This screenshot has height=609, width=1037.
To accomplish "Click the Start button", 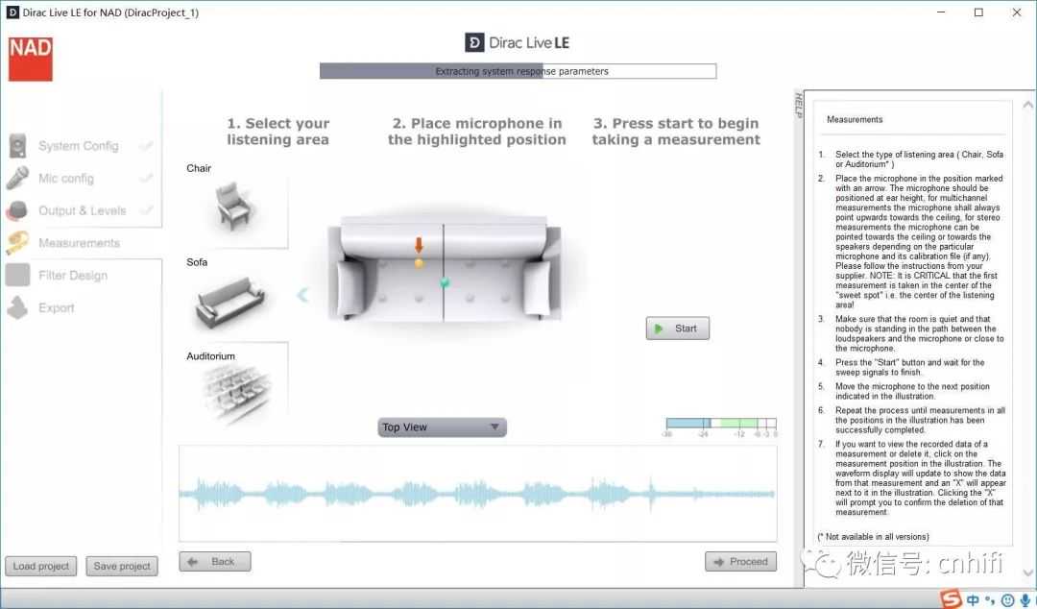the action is [677, 329].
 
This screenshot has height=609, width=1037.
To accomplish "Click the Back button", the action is [215, 561].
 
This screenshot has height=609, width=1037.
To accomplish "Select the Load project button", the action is [41, 566].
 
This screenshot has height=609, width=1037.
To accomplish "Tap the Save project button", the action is [122, 566].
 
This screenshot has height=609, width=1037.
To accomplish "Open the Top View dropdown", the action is [442, 427].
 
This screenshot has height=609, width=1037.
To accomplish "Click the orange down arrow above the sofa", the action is [419, 245].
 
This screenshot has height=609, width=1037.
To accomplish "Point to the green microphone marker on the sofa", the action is [445, 282].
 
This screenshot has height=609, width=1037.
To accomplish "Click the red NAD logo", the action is [31, 59].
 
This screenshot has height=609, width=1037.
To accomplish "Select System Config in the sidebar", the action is [78, 146].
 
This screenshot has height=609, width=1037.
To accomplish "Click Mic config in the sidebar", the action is [66, 178].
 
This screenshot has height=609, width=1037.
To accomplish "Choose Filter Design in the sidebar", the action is [73, 276].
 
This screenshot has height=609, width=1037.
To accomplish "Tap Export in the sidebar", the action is [57, 307].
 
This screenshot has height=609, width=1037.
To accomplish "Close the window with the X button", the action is [1017, 12].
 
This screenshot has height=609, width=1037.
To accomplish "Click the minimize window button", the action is [941, 12].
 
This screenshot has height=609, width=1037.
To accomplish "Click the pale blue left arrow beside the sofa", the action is [302, 295].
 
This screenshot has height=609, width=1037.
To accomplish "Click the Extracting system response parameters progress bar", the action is [518, 71].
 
